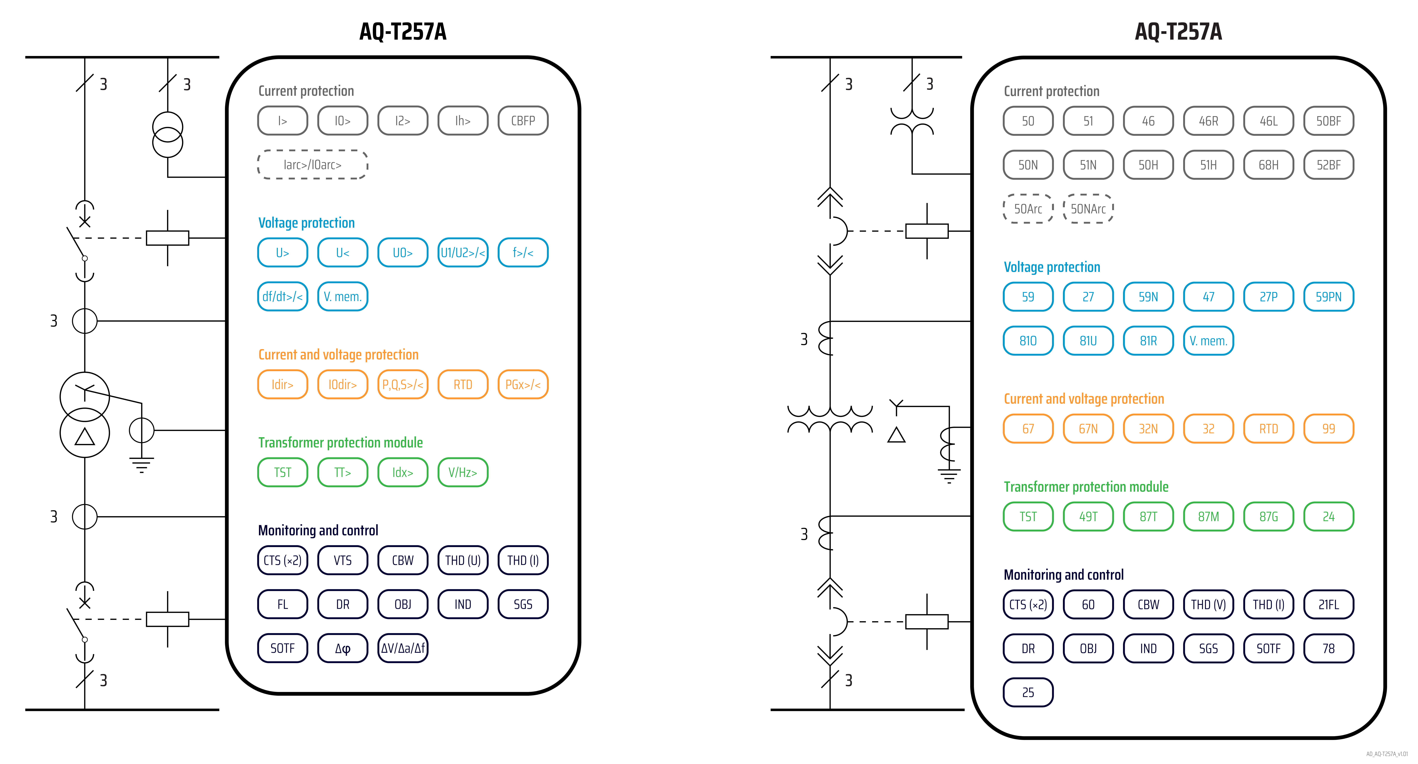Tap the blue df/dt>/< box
click(282, 297)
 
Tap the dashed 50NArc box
click(1088, 209)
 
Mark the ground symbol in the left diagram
click(141, 465)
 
